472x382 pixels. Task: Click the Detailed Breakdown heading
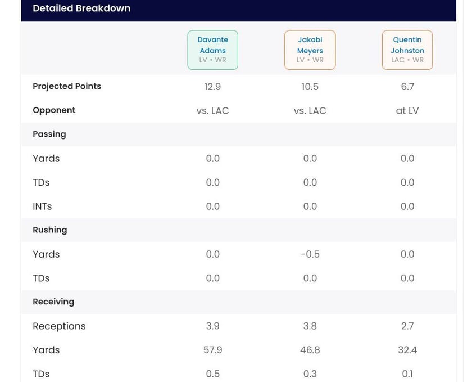point(81,8)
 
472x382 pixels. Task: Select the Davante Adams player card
point(212,50)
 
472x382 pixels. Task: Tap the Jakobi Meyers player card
point(310,50)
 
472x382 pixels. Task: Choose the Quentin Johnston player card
point(407,50)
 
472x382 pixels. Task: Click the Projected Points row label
point(67,86)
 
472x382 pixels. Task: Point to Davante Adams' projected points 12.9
point(212,87)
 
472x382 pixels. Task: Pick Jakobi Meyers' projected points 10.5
point(310,87)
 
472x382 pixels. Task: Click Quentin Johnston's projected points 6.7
point(407,87)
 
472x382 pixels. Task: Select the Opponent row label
point(54,110)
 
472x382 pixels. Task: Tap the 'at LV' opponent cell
point(407,111)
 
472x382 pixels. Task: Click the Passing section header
point(49,134)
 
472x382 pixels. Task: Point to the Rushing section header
point(50,230)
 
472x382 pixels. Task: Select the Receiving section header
point(53,302)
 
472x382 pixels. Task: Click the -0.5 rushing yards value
point(310,254)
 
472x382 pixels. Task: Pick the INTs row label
point(42,206)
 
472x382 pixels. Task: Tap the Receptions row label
point(59,326)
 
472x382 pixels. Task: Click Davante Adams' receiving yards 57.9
point(212,350)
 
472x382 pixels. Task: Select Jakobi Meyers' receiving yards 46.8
point(310,350)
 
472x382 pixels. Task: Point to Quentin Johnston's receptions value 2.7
point(407,326)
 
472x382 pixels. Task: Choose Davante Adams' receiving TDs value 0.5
point(212,374)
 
